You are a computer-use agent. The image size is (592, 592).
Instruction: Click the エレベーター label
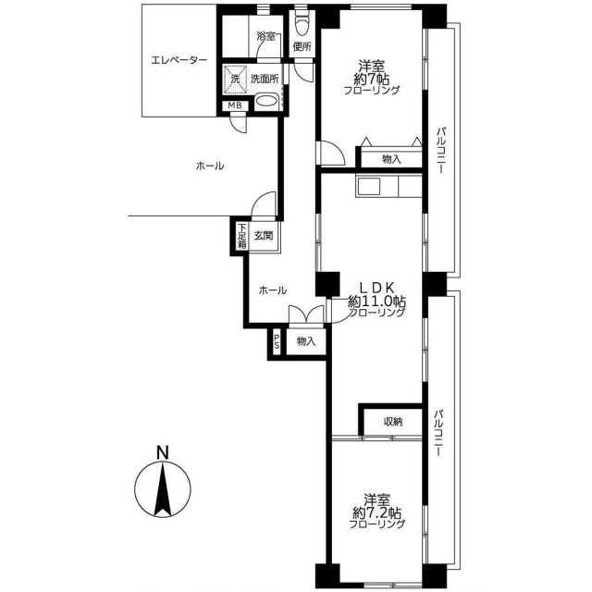point(179,60)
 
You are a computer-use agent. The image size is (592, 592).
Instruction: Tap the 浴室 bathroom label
point(265,37)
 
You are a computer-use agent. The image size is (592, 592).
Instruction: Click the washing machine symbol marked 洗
point(235,80)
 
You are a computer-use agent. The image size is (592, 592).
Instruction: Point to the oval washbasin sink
point(266,101)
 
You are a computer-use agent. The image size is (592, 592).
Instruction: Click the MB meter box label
point(235,106)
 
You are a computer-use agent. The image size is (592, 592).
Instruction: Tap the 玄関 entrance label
point(263,236)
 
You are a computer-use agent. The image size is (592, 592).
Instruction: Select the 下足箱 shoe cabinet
point(242,236)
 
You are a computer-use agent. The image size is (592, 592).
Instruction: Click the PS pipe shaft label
point(277,341)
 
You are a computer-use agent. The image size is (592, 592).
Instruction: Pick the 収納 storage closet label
point(393,422)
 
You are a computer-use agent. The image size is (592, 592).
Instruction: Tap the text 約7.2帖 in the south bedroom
point(376,512)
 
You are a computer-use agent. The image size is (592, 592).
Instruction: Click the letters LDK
point(376,288)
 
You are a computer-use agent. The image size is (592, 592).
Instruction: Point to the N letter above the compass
point(163,452)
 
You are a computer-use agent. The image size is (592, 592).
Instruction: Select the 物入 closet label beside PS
point(306,341)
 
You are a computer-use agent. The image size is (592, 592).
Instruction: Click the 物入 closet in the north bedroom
point(391,158)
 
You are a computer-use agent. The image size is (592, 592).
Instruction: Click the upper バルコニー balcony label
point(440,152)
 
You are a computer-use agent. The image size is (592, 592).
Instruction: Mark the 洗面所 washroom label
point(265,79)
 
